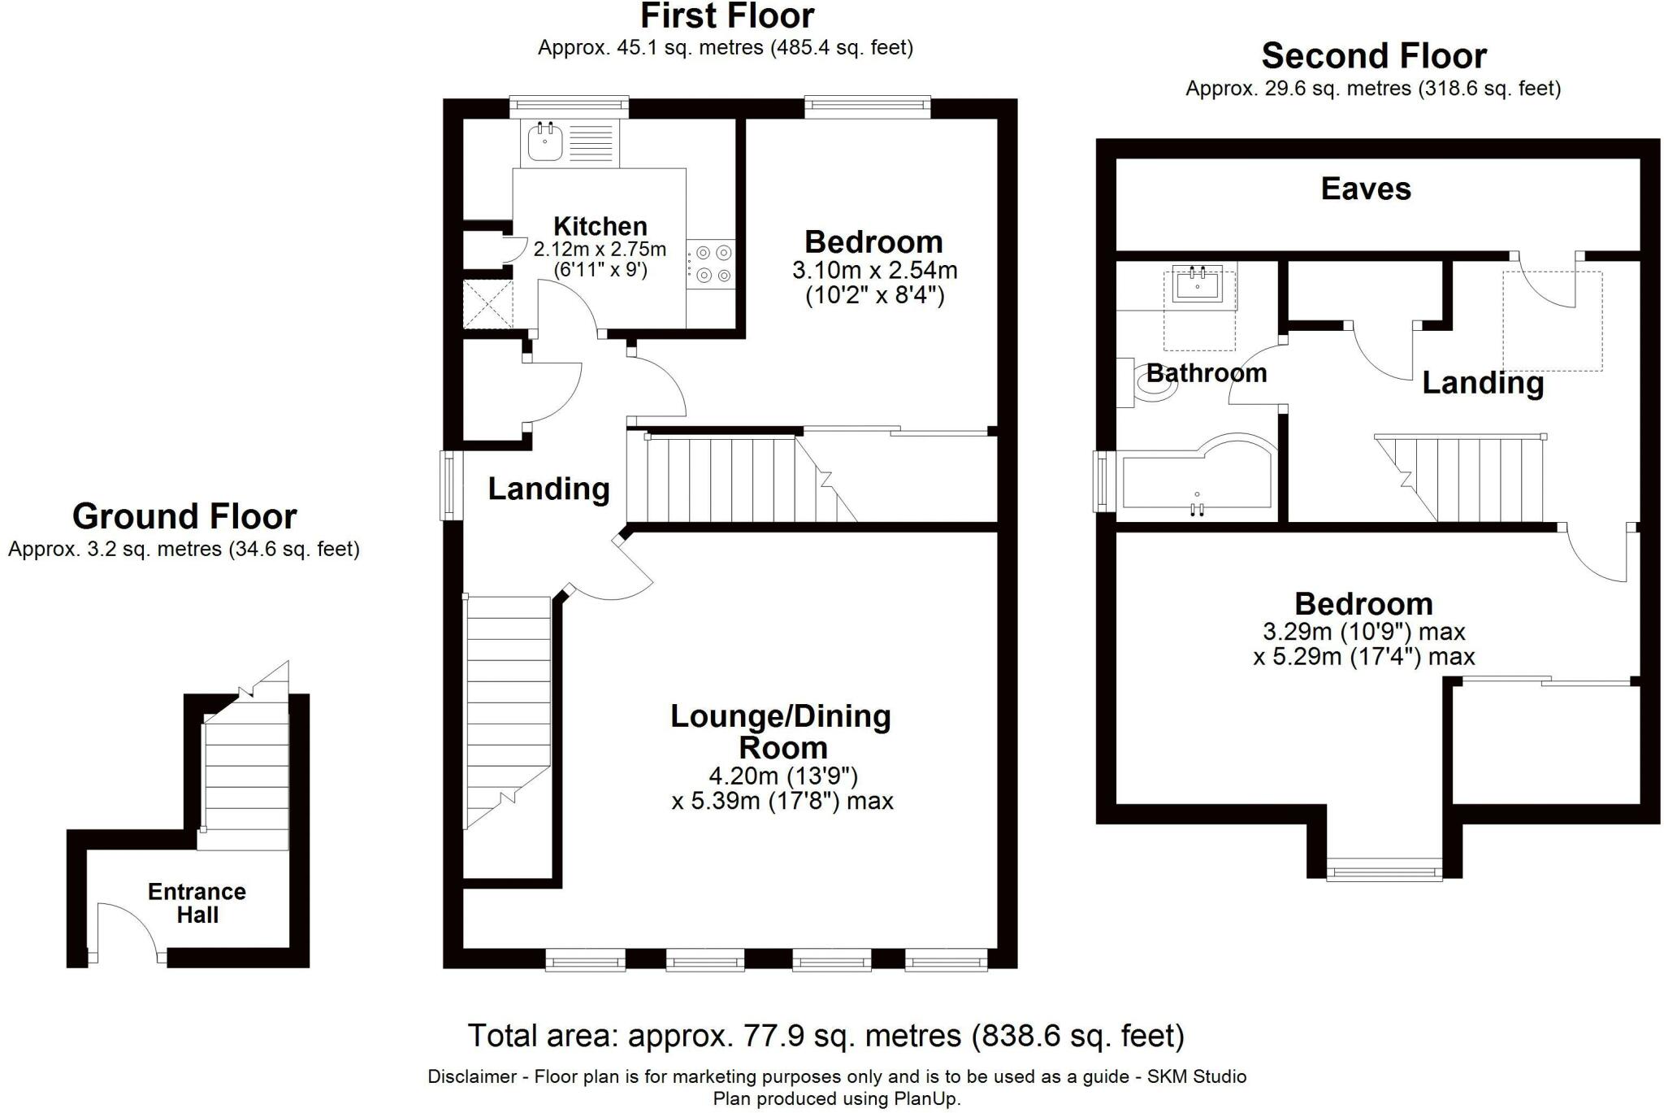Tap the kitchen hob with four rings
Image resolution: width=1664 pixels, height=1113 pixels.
tap(712, 264)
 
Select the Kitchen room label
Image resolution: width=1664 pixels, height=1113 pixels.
tap(600, 226)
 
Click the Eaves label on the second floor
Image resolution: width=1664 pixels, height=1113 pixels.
tap(1366, 189)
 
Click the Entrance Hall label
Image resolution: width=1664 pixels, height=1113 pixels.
tap(197, 903)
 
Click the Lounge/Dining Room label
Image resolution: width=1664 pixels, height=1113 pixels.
tap(781, 732)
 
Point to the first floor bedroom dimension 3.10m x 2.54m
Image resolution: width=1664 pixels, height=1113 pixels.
tap(875, 269)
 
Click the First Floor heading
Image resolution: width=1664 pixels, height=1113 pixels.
tap(727, 16)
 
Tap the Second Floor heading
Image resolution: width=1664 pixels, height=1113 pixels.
tap(1374, 56)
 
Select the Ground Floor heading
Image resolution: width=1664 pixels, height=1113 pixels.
tap(184, 516)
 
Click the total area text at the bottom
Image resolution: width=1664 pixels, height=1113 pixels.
tap(826, 1036)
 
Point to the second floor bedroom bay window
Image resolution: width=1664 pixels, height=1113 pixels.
tap(1384, 873)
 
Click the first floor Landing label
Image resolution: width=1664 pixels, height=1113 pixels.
tap(548, 489)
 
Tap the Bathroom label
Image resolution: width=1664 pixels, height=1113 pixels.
tap(1207, 373)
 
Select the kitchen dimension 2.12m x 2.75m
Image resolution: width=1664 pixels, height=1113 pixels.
tap(600, 249)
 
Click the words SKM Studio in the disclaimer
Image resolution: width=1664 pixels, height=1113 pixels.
tap(1196, 1077)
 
